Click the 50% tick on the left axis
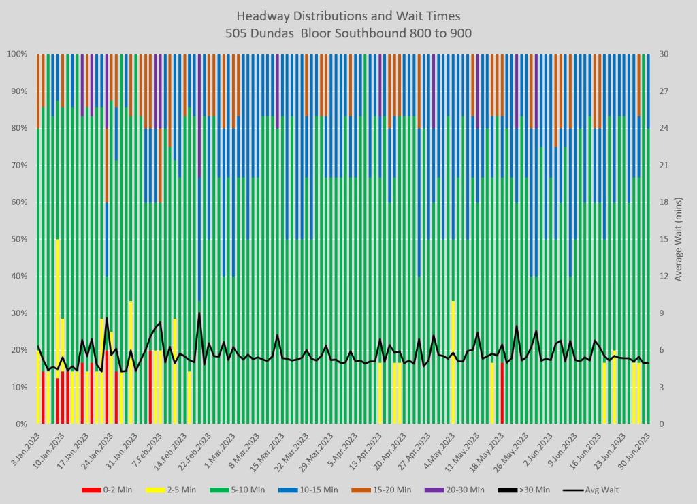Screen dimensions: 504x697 click(19, 239)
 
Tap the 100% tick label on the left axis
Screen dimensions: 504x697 click(17, 54)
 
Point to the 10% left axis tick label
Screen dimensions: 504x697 click(19, 387)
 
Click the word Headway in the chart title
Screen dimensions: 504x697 click(261, 16)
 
